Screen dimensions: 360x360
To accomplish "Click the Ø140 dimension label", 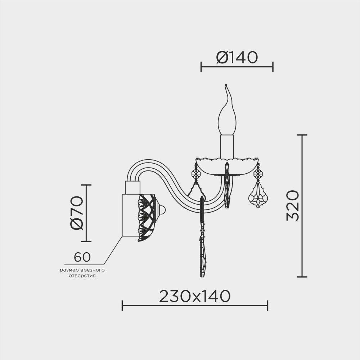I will (237, 57).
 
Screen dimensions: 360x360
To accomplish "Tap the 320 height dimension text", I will (293, 206).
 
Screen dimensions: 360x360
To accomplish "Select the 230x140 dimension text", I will (194, 297).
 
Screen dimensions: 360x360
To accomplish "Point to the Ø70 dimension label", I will (77, 213).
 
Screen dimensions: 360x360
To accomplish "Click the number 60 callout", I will (82, 257).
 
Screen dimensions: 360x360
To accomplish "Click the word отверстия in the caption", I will (82, 276).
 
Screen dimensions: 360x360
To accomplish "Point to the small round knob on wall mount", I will (162, 210).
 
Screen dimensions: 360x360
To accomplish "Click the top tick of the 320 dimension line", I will (302, 135).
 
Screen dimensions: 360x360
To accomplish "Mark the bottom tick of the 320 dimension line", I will (302, 277).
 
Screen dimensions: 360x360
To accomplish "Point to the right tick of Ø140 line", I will (273, 67).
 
